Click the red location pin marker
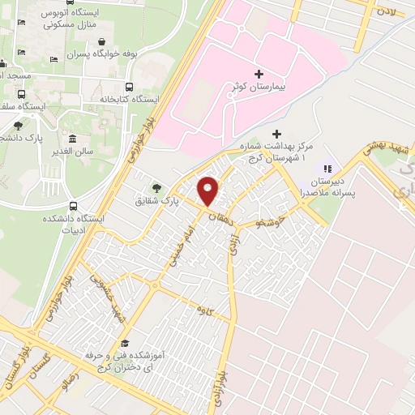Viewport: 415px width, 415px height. [x=208, y=190]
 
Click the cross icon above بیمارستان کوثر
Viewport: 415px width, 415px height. [x=259, y=74]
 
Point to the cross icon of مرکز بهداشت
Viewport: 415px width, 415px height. [x=277, y=133]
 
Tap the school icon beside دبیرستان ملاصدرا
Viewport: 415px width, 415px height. [x=327, y=169]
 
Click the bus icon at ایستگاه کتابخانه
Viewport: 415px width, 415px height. [x=129, y=87]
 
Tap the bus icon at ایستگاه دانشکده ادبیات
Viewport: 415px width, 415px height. [x=74, y=206]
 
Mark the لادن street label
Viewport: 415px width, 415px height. [x=387, y=11]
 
